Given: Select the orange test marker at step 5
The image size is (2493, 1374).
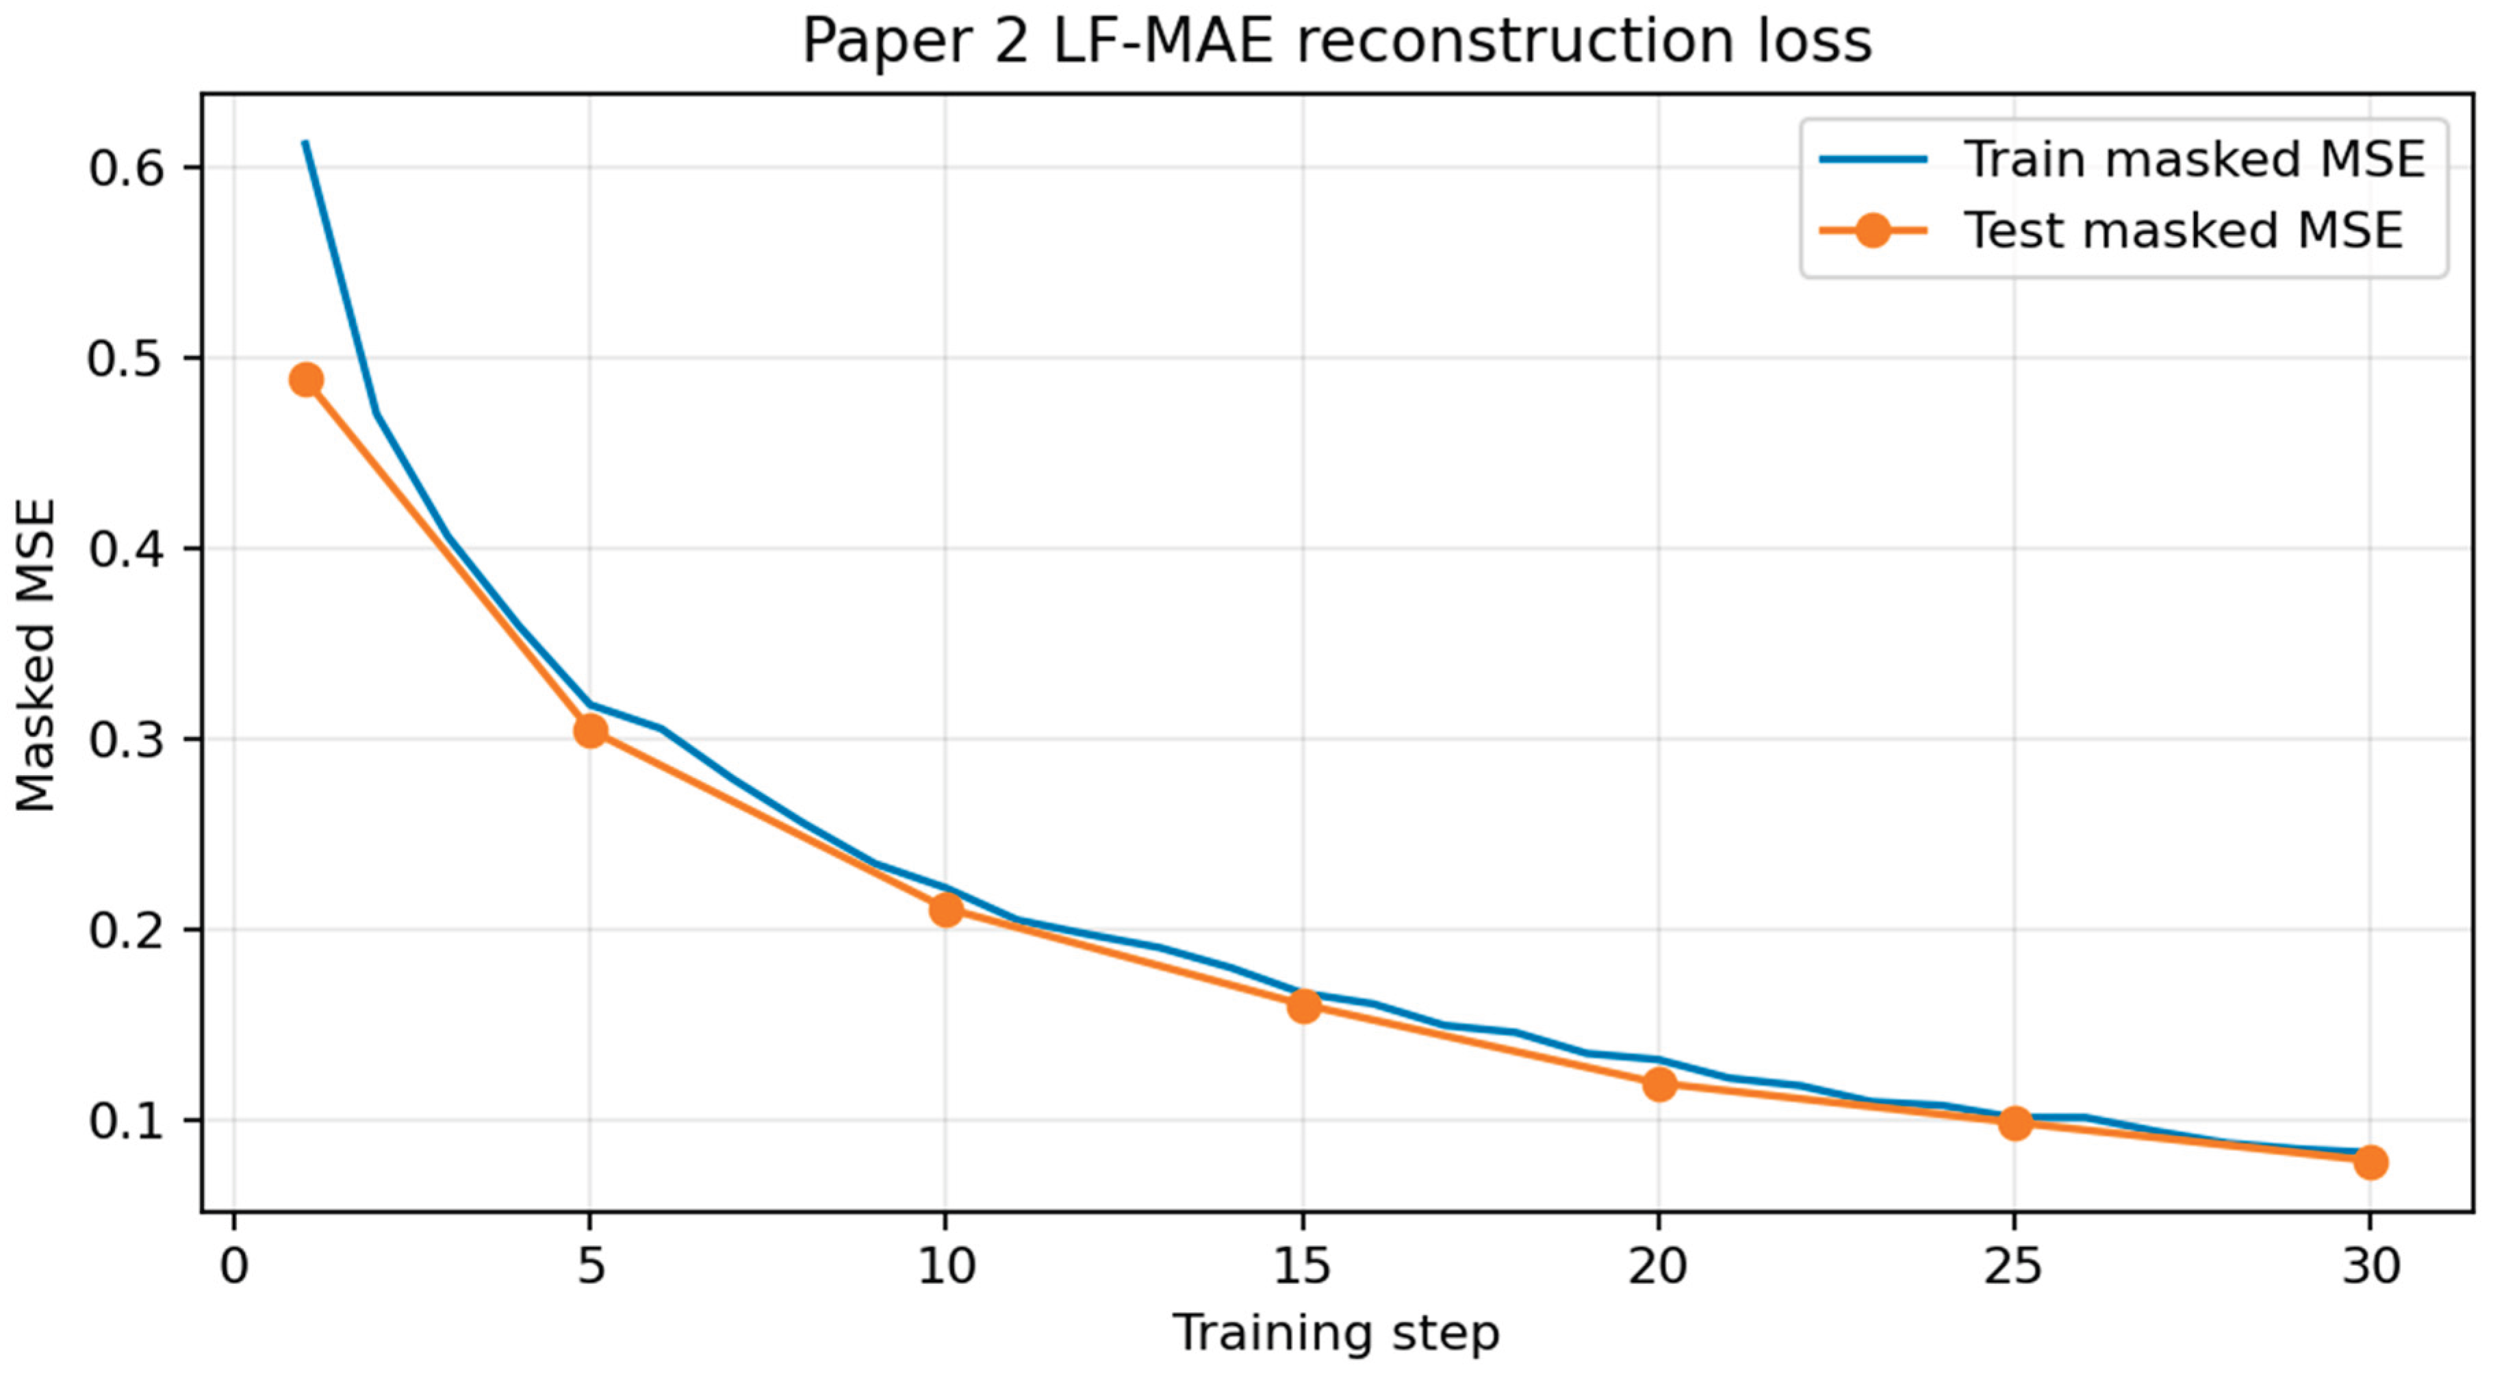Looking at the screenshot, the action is (x=590, y=731).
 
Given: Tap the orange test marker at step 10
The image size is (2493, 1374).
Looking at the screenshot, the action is (x=947, y=909).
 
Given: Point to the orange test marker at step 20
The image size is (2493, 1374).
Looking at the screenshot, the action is (x=1659, y=1085).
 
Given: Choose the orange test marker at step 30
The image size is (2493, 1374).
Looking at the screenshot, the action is (x=2370, y=1162).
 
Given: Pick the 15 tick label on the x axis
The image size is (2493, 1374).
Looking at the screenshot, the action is (x=1303, y=1266).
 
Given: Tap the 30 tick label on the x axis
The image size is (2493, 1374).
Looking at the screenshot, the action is (x=2370, y=1266).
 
